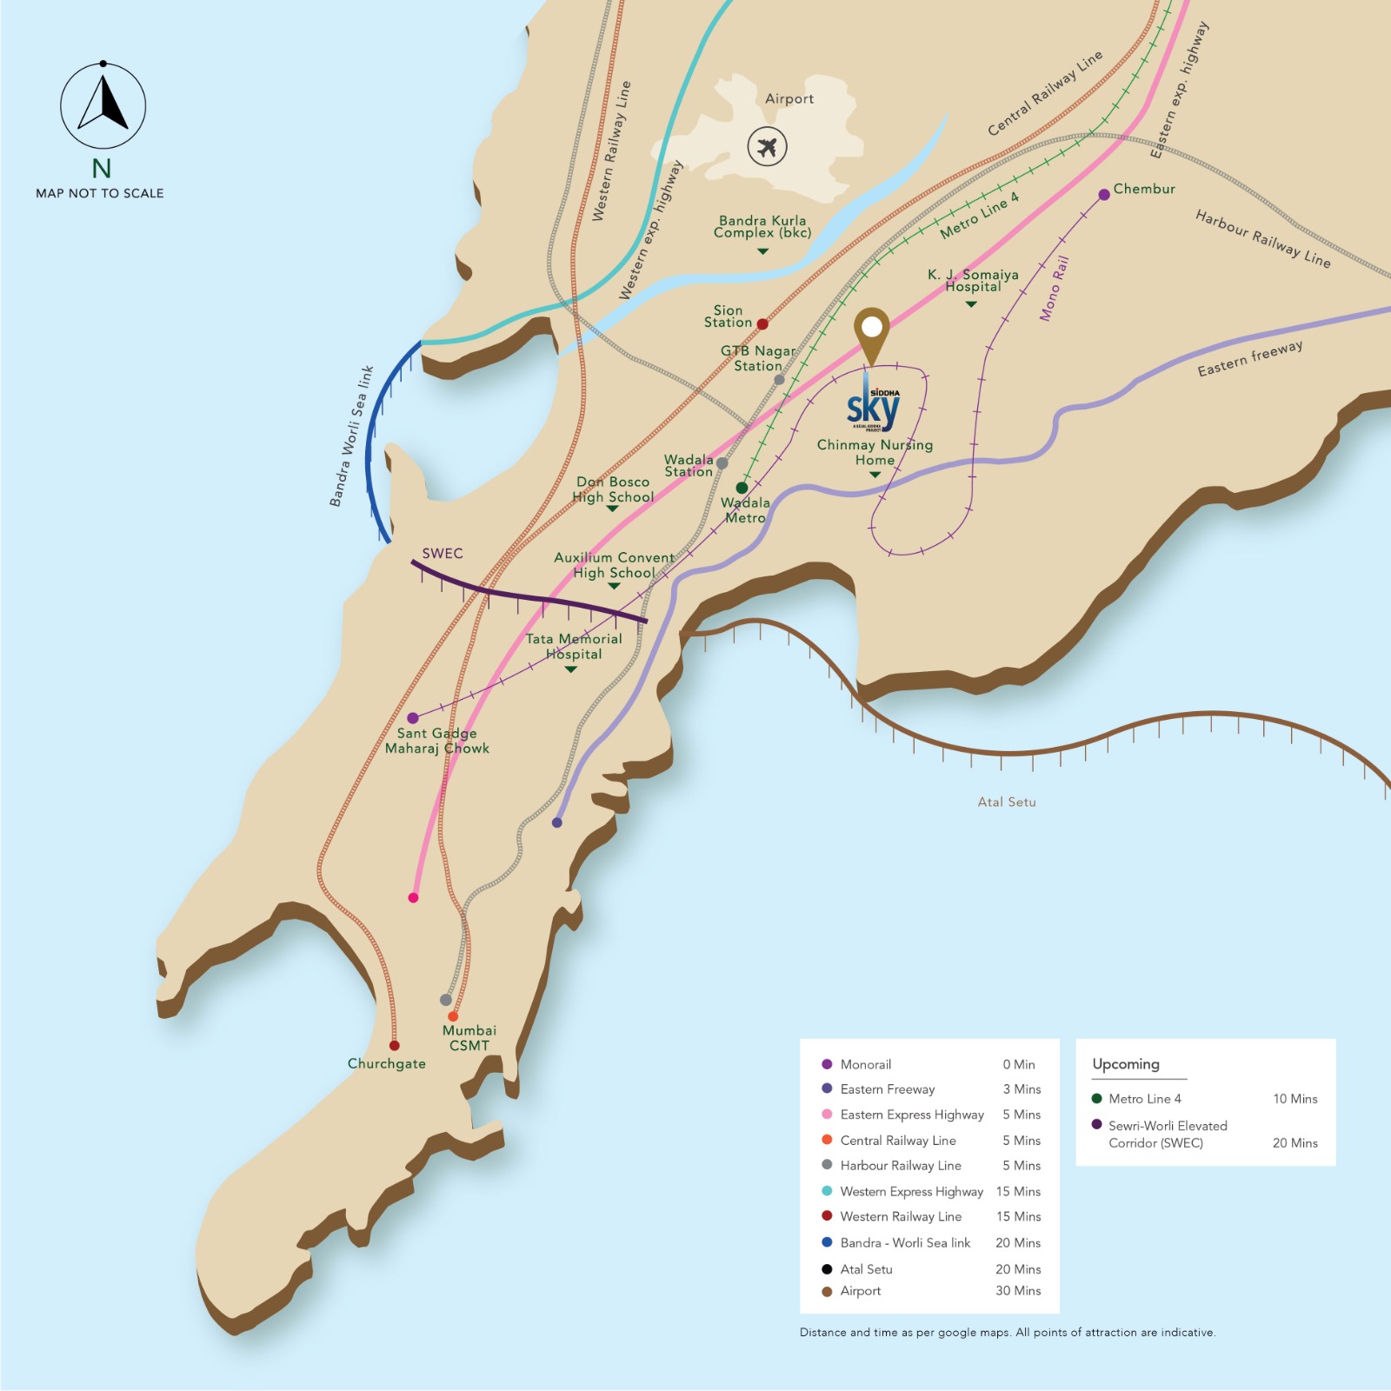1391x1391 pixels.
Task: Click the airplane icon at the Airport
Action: pos(767,146)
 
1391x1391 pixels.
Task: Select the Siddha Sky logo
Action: pos(874,409)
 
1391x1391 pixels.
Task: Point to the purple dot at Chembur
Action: pos(1104,195)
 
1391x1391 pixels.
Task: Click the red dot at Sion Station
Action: pos(762,324)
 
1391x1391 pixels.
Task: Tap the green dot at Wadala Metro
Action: pos(742,488)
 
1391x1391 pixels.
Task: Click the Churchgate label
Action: pos(387,1063)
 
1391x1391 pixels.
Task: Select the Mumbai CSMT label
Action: pos(469,1038)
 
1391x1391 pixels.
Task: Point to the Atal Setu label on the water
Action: pos(1007,802)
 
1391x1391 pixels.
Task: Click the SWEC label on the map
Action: pos(443,554)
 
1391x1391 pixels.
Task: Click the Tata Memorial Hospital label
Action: pos(574,647)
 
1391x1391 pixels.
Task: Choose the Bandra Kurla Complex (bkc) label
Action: pos(762,227)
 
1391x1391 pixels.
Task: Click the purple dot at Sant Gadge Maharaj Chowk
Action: pos(413,718)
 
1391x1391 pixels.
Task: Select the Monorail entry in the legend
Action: pos(865,1064)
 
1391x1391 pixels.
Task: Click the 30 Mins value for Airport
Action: pos(1018,1291)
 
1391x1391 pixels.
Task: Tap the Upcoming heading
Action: pos(1126,1064)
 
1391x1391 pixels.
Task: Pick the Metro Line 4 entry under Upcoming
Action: pos(1144,1099)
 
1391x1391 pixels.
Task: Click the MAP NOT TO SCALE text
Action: pos(100,193)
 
